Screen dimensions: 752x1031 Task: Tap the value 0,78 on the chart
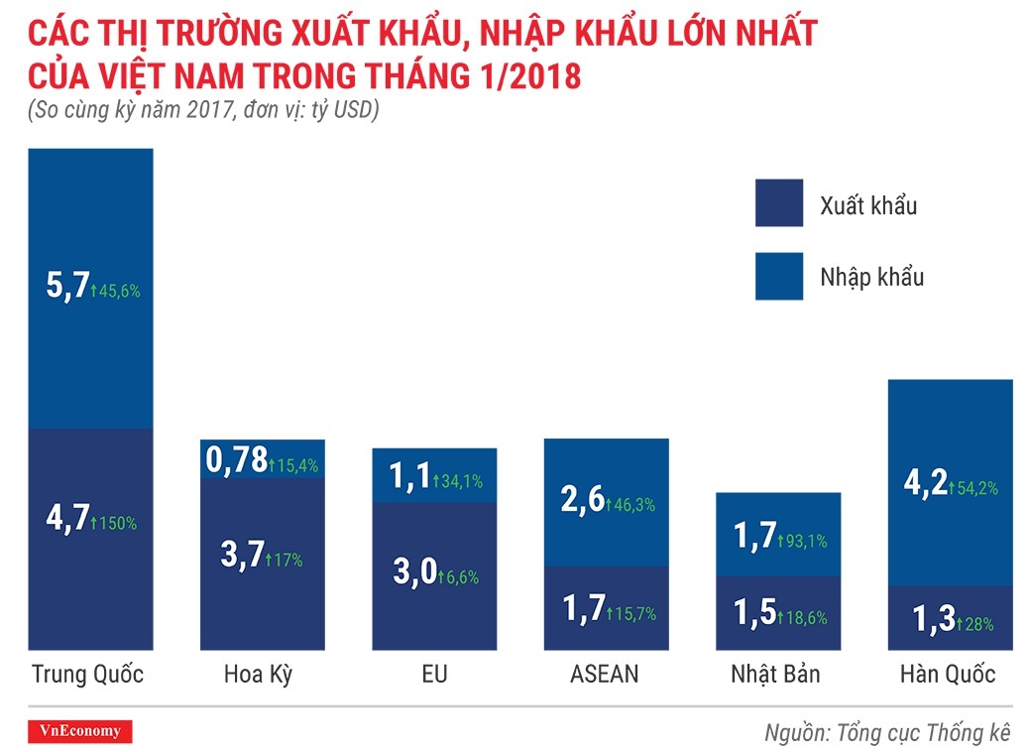[237, 459]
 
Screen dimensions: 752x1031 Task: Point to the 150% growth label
[115, 523]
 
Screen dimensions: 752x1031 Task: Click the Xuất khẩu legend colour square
[778, 203]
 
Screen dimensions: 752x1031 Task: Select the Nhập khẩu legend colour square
[778, 275]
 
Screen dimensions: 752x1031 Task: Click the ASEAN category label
[605, 675]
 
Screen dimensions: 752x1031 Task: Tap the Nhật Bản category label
[776, 675]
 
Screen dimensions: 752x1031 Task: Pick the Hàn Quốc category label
[948, 675]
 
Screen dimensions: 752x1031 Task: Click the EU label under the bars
[434, 675]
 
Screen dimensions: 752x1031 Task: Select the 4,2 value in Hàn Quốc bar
[926, 486]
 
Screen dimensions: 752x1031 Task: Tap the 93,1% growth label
[803, 542]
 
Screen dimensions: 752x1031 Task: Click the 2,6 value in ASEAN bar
[583, 503]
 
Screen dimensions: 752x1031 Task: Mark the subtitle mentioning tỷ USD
[204, 111]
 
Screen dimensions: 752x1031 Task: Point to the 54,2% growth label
[974, 488]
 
